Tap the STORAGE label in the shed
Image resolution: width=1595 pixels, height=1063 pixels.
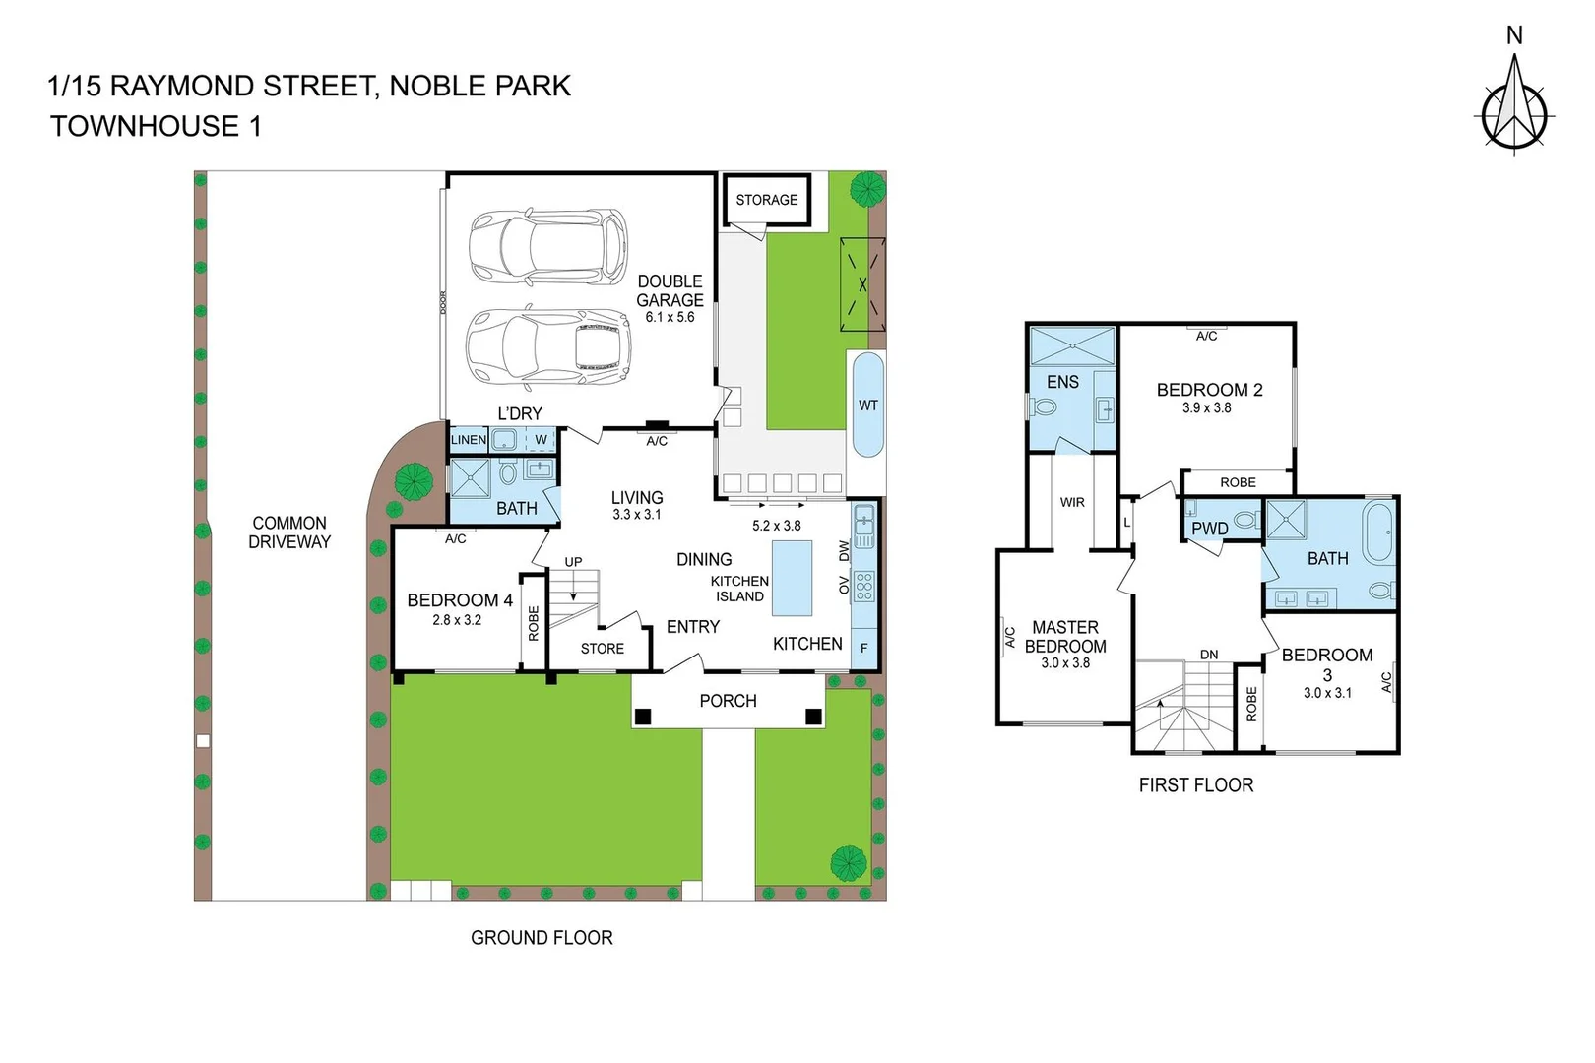(767, 200)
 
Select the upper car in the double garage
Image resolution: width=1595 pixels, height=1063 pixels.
(547, 245)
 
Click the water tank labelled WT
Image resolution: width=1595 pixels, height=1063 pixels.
(867, 405)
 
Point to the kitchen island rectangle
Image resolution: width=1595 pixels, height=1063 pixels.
(792, 578)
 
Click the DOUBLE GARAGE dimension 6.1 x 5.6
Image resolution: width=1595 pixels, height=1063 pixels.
(670, 317)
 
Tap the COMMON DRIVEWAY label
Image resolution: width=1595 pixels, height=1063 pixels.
(289, 532)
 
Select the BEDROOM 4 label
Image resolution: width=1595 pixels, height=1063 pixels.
(459, 600)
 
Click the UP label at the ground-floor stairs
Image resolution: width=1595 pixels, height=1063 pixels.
(573, 562)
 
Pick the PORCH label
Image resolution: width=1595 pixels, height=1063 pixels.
(728, 701)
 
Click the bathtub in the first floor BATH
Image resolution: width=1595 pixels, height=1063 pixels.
(1379, 532)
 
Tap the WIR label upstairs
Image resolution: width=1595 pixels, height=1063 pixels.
(1072, 502)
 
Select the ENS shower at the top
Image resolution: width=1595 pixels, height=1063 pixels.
(1072, 346)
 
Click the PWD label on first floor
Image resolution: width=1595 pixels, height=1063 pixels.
(1209, 529)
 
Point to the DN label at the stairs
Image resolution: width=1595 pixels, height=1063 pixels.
(1209, 655)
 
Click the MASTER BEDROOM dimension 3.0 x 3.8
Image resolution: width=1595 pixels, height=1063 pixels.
(1065, 663)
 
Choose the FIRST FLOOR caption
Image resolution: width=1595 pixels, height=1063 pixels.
(1196, 785)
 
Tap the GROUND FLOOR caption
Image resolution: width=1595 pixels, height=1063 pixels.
(542, 938)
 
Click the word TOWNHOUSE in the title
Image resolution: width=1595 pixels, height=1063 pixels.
(145, 127)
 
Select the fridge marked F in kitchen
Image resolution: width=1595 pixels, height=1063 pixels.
(864, 648)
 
